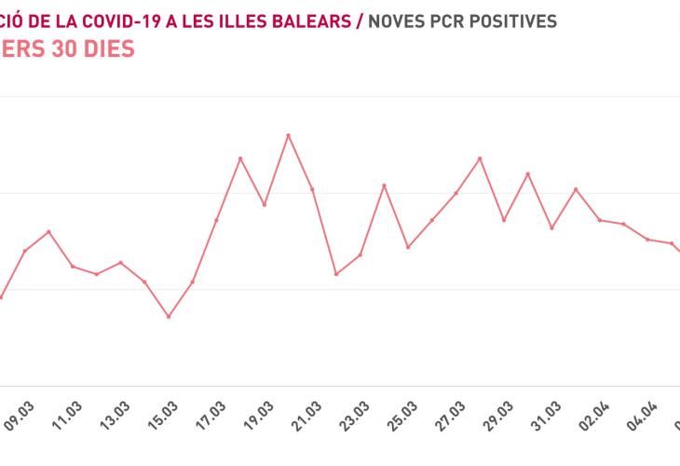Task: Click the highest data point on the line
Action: point(288,135)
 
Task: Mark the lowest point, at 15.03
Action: point(169,317)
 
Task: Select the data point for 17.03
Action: point(216,220)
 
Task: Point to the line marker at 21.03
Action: point(312,189)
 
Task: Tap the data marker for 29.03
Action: point(504,220)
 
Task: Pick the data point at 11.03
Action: point(73,267)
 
